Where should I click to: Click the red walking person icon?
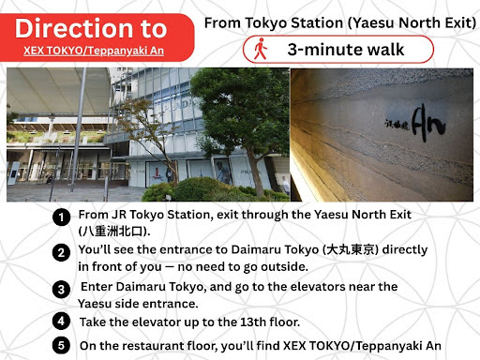[x=261, y=49]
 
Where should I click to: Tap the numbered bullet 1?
[x=61, y=217]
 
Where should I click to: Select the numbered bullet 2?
[x=61, y=252]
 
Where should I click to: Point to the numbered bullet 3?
[x=61, y=290]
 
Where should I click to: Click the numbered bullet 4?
[x=61, y=321]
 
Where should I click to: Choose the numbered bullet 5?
[x=61, y=345]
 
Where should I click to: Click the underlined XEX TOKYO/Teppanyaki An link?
[x=94, y=51]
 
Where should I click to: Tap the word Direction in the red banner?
[x=74, y=28]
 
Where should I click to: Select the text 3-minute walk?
[x=346, y=50]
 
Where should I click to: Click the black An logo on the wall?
[x=428, y=123]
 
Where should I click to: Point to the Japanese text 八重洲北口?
[x=112, y=232]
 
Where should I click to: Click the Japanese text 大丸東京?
[x=350, y=249]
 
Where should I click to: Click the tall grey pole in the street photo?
[x=78, y=130]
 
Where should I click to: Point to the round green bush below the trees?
[x=194, y=189]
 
